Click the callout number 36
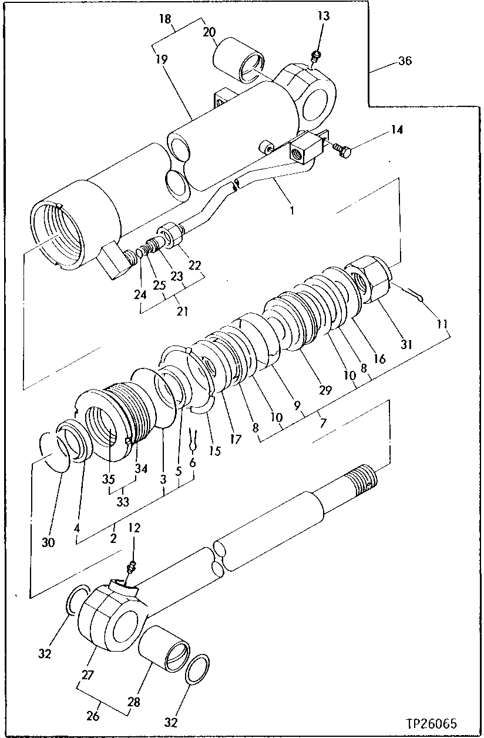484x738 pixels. (x=405, y=61)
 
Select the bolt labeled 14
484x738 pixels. (x=342, y=151)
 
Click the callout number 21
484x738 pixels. (x=182, y=311)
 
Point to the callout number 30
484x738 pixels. (x=48, y=542)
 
